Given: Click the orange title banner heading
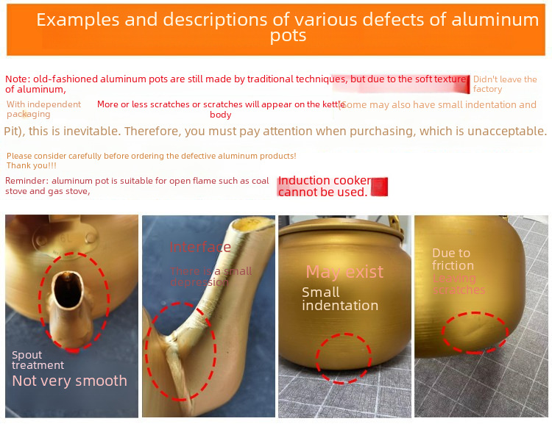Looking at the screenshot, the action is [x=288, y=27].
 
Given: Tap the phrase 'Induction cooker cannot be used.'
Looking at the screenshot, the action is [x=323, y=187].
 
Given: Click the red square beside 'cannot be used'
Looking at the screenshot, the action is [x=379, y=187].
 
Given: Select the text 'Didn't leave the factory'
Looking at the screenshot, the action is [x=504, y=84].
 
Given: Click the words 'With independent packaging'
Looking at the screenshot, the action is [x=43, y=109].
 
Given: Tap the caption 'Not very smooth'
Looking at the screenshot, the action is [x=69, y=381].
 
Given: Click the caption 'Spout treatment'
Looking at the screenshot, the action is [x=38, y=360].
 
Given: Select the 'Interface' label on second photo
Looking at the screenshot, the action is [x=200, y=247].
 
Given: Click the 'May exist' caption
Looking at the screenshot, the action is [x=344, y=272].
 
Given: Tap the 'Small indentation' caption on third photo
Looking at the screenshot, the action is [x=339, y=298].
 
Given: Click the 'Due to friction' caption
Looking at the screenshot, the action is [x=453, y=259].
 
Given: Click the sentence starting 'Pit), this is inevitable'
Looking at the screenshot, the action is [x=275, y=132].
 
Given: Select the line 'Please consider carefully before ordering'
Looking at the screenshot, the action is [x=151, y=156].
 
